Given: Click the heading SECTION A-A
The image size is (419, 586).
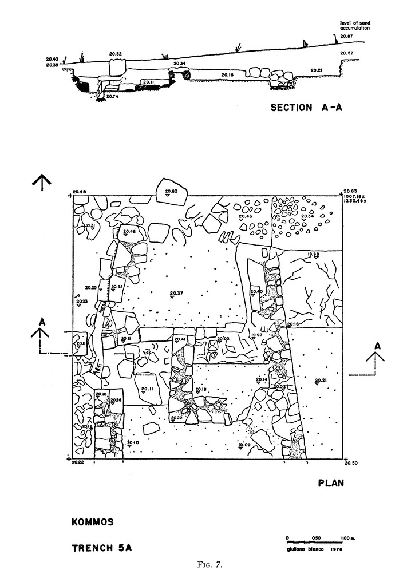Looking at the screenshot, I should (306, 107).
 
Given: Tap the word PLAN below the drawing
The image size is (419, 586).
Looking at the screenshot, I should (331, 483).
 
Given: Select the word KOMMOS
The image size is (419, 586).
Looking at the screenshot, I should (93, 522).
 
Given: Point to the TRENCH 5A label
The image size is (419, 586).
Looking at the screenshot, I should (101, 548).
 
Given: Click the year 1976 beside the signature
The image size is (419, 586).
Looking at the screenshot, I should (331, 549).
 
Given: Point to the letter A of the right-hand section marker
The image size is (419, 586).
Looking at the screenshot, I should (377, 346).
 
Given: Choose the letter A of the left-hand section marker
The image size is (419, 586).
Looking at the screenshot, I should (41, 322).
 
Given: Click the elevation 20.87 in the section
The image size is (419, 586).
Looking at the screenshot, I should (347, 37).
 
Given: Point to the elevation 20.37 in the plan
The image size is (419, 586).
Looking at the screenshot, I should (176, 294).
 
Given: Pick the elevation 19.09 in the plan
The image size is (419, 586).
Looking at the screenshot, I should (244, 445).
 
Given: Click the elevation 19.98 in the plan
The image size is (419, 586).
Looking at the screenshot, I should (313, 254).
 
